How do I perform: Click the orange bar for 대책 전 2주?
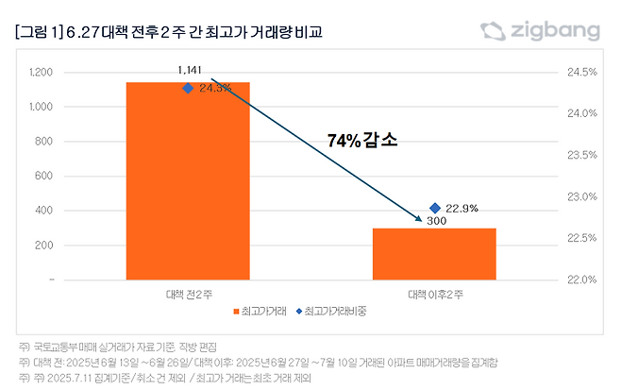coord(188,180)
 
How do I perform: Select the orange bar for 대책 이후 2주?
coord(434,254)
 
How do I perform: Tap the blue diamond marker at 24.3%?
coord(188,88)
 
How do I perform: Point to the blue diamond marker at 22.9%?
coord(435,208)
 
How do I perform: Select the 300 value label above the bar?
coord(436,221)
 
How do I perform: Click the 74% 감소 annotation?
coord(362,140)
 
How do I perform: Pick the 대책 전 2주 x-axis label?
coord(188,295)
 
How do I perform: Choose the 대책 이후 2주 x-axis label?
coord(435,295)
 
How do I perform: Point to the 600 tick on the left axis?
coord(44,177)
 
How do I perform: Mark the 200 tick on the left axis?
coord(44,246)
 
